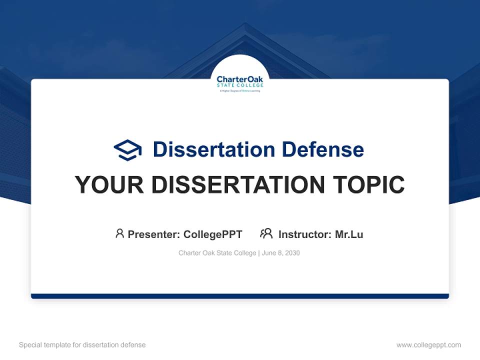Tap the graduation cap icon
coord(127,149)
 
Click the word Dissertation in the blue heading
coord(213,149)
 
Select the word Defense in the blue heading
coord(322,149)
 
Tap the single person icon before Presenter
coord(119,233)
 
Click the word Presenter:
coord(154,234)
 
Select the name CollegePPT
coord(213,234)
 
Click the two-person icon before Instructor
coord(266,233)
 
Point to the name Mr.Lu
coord(349,234)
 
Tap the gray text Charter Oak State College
coord(217,253)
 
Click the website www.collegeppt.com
coord(428,345)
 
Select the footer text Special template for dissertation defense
coord(82,345)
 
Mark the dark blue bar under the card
coord(239,296)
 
